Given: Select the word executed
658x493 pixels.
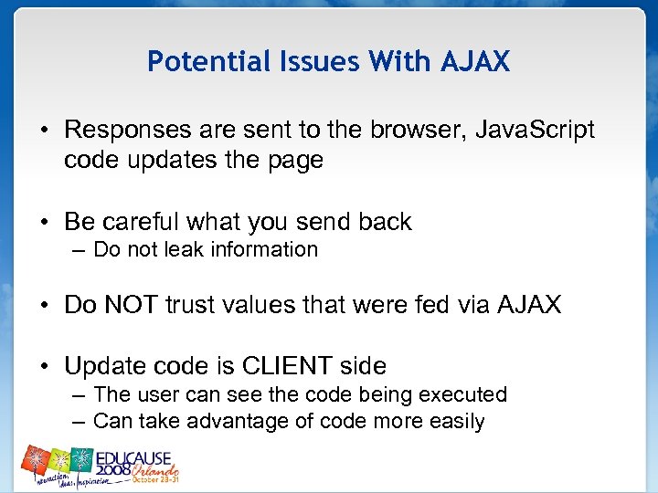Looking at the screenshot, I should [463, 395].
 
